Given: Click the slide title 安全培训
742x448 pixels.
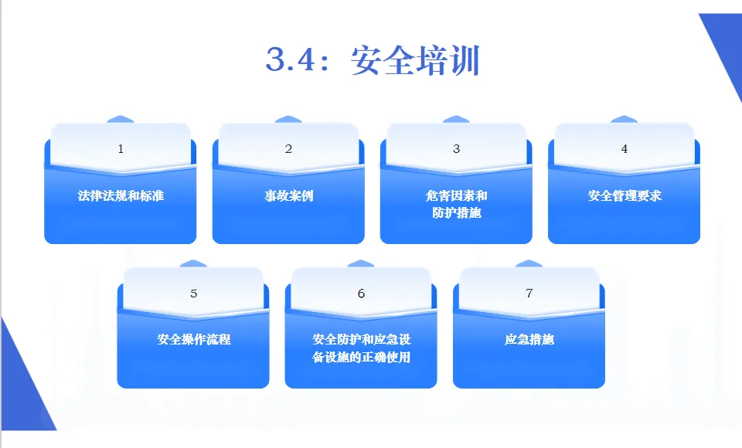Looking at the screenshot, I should [415, 60].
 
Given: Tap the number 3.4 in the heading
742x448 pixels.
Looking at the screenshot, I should [291, 59].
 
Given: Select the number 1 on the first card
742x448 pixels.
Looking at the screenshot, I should [121, 149].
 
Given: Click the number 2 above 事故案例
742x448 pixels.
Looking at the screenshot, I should [288, 149].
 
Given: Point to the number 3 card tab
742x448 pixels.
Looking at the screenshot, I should [456, 149].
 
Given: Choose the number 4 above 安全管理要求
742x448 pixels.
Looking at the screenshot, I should [624, 149].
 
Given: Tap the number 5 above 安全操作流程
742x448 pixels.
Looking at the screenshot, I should [193, 294].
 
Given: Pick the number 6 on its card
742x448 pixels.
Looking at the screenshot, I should [361, 294].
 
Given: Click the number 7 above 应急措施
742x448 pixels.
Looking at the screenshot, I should [529, 294].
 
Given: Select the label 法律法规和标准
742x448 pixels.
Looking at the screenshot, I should [121, 195].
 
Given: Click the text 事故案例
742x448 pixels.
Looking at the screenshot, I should [288, 195].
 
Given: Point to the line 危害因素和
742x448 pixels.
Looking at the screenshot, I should [456, 195].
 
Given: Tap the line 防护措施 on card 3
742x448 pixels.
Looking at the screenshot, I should [456, 212].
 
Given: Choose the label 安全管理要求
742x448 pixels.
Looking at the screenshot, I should [624, 195].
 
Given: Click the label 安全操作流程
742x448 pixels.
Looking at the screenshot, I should [193, 339].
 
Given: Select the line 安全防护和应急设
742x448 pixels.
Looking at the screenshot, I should [361, 339].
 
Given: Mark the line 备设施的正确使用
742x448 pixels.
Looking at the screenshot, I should [361, 357].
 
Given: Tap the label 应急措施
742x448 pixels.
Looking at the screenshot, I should [529, 339].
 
